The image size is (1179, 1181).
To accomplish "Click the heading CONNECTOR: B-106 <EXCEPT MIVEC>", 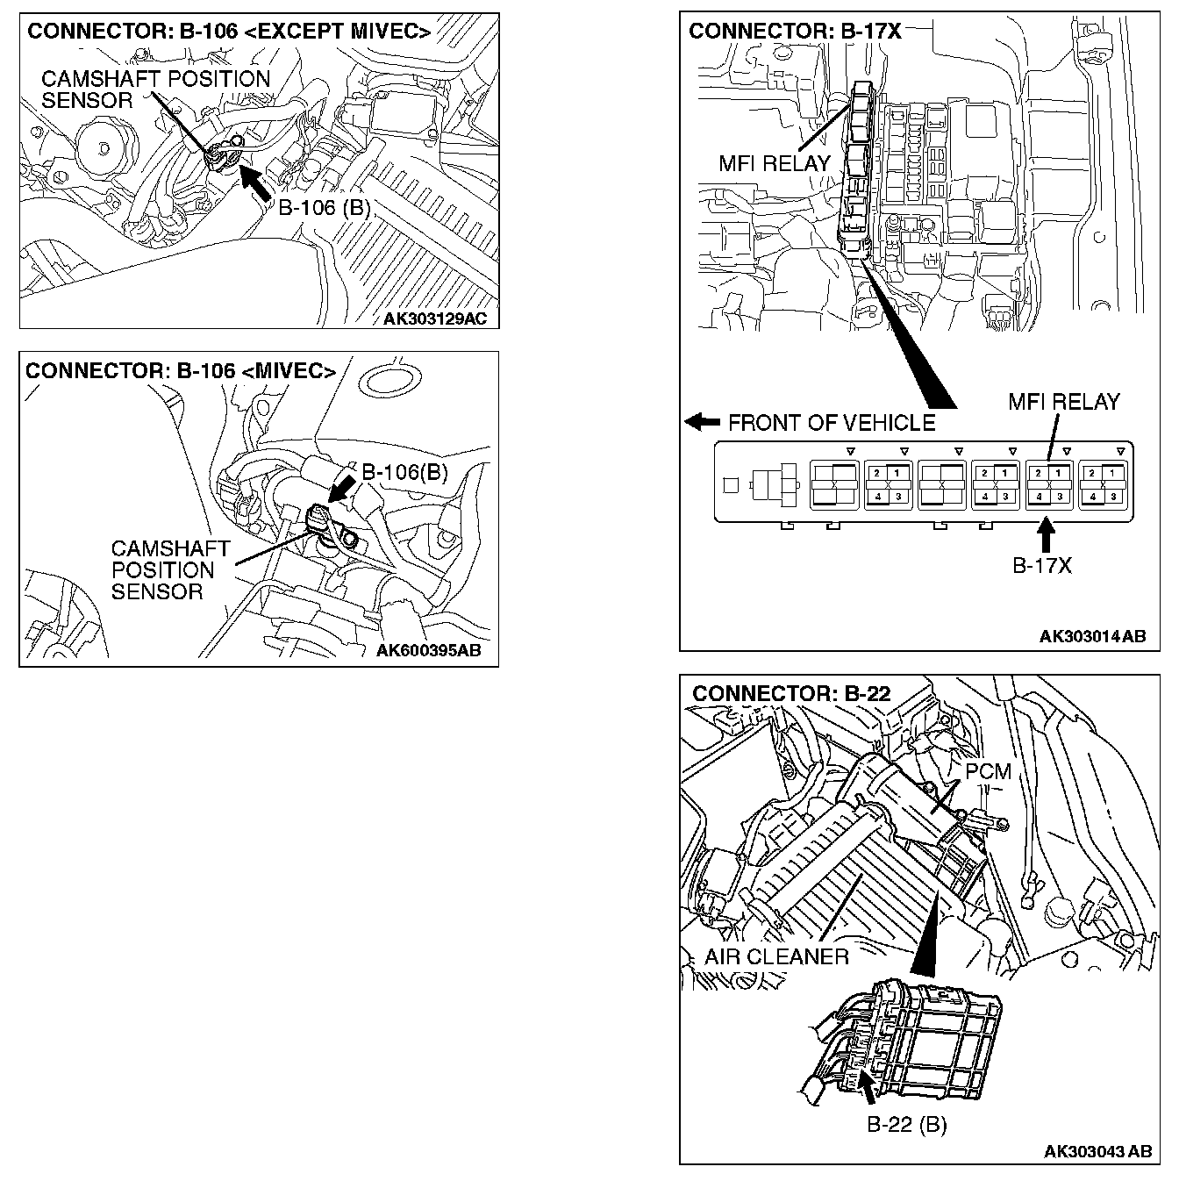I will point(229,32).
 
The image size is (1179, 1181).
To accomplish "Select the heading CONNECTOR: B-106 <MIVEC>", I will point(181,371).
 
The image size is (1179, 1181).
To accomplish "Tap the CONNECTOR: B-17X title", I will point(795,32).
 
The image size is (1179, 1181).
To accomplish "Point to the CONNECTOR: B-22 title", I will point(791,693).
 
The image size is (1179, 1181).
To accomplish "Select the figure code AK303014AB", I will point(1092,636).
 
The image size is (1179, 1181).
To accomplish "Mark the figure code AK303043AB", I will point(1097,1150).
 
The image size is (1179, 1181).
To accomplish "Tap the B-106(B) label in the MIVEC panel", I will point(404,473).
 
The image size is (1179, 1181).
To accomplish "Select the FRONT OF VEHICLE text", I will point(832,423).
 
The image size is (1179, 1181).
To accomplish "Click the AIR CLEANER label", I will point(776,956).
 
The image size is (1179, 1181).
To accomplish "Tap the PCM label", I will point(988,772).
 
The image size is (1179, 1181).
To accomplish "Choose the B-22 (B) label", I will point(906,1124).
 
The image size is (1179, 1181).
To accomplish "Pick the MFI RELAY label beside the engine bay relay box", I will point(774,163).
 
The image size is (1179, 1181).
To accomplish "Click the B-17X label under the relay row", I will point(1042,566).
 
